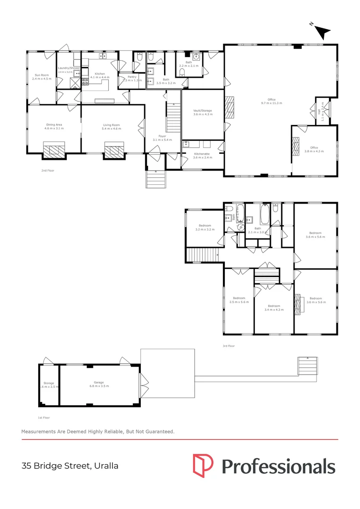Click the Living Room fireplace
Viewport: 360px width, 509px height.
[113, 151]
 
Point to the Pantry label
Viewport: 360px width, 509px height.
[132, 77]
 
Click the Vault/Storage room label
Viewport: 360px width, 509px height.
[203, 111]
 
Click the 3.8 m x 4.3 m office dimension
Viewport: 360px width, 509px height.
[311, 151]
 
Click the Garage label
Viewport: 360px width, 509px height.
[98, 382]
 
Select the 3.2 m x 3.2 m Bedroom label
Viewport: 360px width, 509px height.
[205, 226]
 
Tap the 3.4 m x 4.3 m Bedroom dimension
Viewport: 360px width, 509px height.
[274, 310]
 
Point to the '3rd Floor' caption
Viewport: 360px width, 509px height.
[229, 346]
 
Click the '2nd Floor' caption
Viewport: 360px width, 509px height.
[48, 170]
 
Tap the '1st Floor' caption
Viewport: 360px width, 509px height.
[44, 418]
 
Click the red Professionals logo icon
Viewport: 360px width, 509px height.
[203, 465]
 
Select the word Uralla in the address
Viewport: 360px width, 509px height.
[106, 466]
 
